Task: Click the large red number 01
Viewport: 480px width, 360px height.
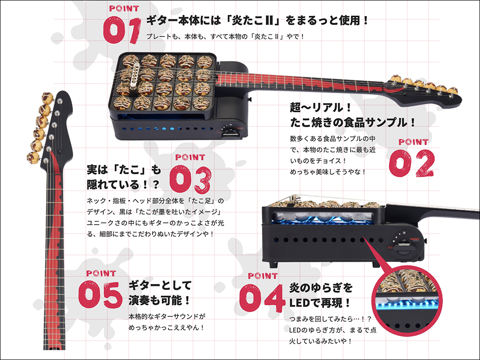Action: [122, 30]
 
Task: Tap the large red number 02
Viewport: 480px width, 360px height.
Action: [412, 163]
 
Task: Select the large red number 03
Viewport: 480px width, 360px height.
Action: [190, 180]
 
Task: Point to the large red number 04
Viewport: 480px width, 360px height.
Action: [262, 298]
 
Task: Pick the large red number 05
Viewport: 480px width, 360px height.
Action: [100, 295]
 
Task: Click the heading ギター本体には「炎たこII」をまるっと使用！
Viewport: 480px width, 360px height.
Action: [257, 21]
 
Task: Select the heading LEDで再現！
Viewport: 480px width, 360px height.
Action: [320, 303]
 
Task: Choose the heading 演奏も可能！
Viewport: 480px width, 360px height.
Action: [159, 300]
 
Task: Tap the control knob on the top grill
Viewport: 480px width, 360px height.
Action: [229, 133]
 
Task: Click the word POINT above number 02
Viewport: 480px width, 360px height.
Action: [413, 142]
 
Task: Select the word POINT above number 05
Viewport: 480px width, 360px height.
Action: [101, 274]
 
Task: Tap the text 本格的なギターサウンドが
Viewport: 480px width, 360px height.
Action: [167, 316]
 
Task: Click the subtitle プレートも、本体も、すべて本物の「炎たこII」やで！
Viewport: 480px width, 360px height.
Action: [225, 37]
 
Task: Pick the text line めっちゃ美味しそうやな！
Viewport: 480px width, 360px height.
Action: [328, 172]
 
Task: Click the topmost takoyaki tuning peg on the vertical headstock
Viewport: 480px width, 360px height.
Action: [48, 97]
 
